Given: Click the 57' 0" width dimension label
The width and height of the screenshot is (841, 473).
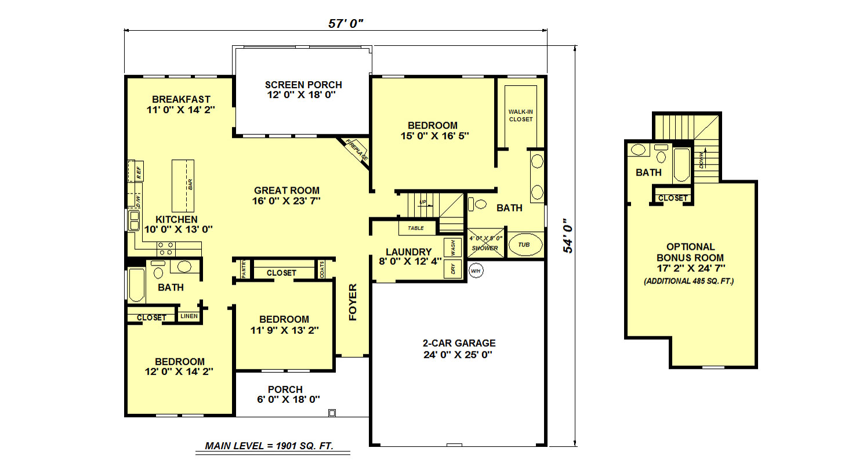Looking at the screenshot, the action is [x=346, y=24].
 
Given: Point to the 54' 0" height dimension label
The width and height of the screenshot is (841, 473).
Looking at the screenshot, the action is [x=568, y=236].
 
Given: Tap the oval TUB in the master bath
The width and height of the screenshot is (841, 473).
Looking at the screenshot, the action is [x=525, y=245].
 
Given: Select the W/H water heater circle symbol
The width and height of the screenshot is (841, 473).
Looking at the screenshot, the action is [x=476, y=271].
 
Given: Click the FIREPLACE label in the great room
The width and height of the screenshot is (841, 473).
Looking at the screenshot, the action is [x=357, y=150].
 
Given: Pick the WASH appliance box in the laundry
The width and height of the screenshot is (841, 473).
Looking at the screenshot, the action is [x=452, y=248].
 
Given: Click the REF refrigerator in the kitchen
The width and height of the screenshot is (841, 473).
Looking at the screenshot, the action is [x=136, y=171].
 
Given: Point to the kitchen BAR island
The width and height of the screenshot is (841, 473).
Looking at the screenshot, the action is [x=183, y=185].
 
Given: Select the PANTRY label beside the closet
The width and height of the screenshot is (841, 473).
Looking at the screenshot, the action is [x=243, y=270].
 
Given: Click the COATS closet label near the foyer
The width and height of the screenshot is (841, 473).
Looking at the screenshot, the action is [x=322, y=270].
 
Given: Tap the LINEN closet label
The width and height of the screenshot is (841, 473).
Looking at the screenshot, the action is [x=189, y=316].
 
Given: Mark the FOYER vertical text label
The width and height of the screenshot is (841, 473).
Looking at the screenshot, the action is [x=353, y=302].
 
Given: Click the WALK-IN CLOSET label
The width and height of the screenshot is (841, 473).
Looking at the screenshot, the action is [x=521, y=115].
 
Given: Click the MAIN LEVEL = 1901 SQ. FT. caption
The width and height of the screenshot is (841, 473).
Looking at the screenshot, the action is [x=269, y=446].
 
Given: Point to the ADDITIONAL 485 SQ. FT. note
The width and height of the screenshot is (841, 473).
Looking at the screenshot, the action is [x=689, y=281].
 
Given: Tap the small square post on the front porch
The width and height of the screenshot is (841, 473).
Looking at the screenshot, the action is [x=332, y=413].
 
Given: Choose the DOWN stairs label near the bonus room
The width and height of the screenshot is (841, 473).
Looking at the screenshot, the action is [x=702, y=160].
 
